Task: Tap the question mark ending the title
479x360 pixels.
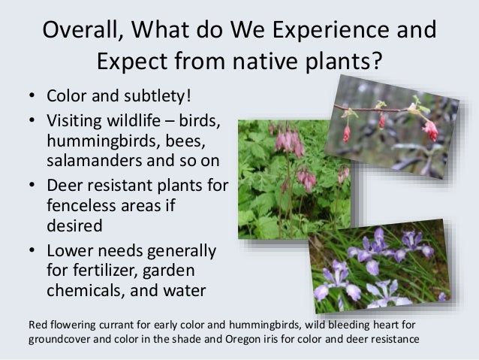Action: pyautogui.click(x=377, y=60)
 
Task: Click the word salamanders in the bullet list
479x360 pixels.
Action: pyautogui.click(x=95, y=160)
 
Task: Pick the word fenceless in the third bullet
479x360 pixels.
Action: pyautogui.click(x=82, y=205)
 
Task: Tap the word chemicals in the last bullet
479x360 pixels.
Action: pyautogui.click(x=86, y=290)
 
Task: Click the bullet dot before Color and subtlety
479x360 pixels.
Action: pyautogui.click(x=32, y=95)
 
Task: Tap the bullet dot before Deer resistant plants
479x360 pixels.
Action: pyautogui.click(x=32, y=185)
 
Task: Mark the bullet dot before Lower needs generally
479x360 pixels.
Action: pyautogui.click(x=32, y=250)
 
